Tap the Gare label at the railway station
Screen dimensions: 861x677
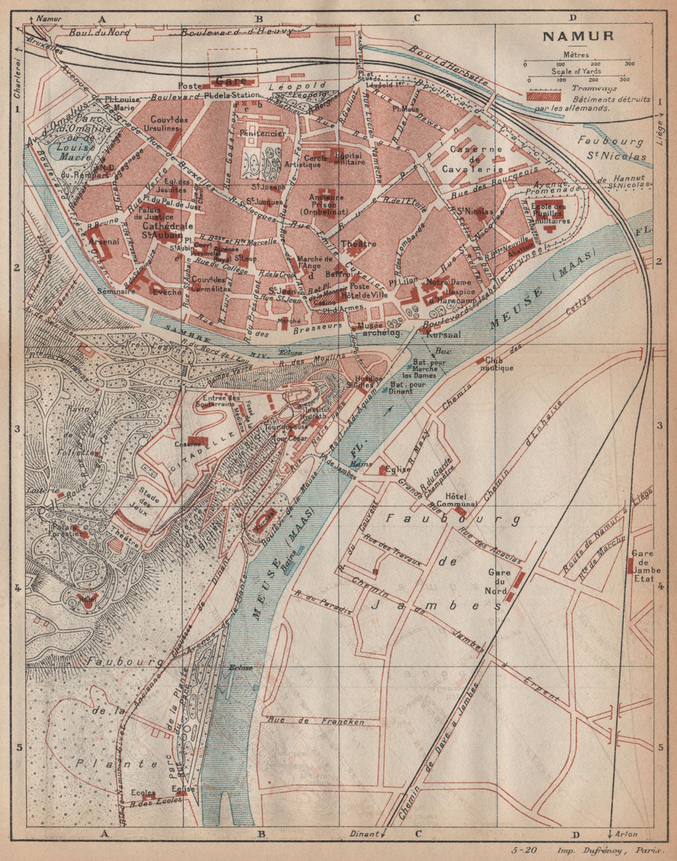click(230, 81)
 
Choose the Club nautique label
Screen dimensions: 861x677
click(499, 364)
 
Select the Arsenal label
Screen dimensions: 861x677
click(105, 242)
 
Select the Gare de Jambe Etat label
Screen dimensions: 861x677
click(643, 566)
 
